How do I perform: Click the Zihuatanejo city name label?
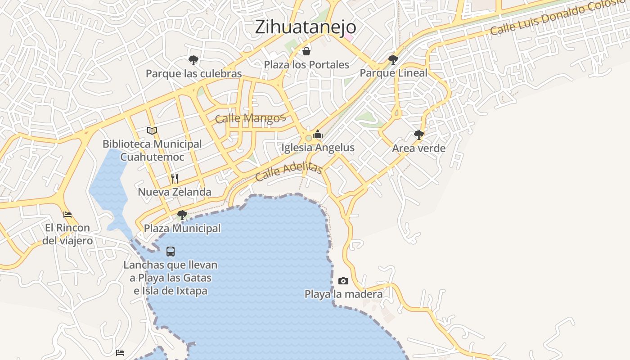pos(305,27)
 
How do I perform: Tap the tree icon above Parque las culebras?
pos(193,60)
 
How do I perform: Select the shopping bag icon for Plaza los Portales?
pos(306,51)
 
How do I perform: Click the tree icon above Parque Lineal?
pos(393,59)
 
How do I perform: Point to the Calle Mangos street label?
pos(250,118)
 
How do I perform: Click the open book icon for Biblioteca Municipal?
pos(152,130)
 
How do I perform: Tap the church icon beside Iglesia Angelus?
pos(318,134)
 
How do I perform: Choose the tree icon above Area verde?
pos(418,135)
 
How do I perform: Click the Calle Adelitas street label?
pos(288,171)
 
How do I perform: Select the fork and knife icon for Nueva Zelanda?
pos(175,178)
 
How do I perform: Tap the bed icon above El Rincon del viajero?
pos(67,214)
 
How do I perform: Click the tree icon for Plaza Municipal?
pos(182,215)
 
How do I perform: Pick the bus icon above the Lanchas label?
pos(171,252)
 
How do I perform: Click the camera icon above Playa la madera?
pos(343,281)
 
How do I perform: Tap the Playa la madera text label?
pos(343,294)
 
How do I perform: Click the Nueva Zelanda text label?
pos(175,192)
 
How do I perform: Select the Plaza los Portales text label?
pos(306,65)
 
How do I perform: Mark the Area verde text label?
pos(418,148)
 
